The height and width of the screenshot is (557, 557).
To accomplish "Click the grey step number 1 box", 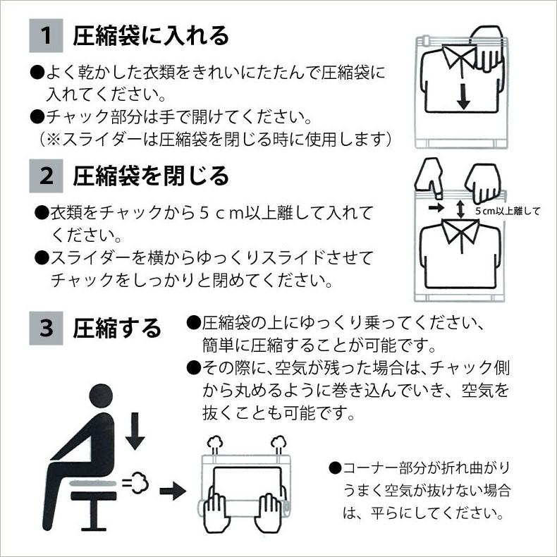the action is pyautogui.click(x=46, y=35).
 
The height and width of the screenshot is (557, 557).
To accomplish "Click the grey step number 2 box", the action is pyautogui.click(x=46, y=176).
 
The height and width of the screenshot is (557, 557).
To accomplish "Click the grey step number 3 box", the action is pyautogui.click(x=46, y=329).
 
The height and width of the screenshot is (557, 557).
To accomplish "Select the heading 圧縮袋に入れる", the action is pyautogui.click(x=151, y=36).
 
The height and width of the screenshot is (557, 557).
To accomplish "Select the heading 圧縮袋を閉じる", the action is pyautogui.click(x=151, y=176).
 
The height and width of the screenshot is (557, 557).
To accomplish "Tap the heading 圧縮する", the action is pyautogui.click(x=117, y=329).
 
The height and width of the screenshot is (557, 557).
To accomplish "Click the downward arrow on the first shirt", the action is pyautogui.click(x=463, y=96).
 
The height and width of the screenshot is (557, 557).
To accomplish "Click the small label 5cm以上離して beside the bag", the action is pyautogui.click(x=507, y=211).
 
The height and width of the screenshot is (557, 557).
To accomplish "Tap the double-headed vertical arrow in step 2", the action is pyautogui.click(x=460, y=209).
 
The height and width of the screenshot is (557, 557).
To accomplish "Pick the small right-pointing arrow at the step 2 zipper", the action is pyautogui.click(x=436, y=207).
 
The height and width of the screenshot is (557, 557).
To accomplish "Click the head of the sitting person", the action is pyautogui.click(x=101, y=396).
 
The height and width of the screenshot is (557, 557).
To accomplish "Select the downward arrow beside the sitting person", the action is pyautogui.click(x=135, y=431).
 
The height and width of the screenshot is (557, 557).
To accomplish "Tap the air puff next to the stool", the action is pyautogui.click(x=136, y=482).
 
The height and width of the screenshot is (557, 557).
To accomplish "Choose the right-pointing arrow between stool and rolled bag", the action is pyautogui.click(x=173, y=491).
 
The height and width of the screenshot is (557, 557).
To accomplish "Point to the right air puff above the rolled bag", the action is pyautogui.click(x=278, y=445).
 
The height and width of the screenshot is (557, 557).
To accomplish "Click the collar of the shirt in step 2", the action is pyautogui.click(x=460, y=231).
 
